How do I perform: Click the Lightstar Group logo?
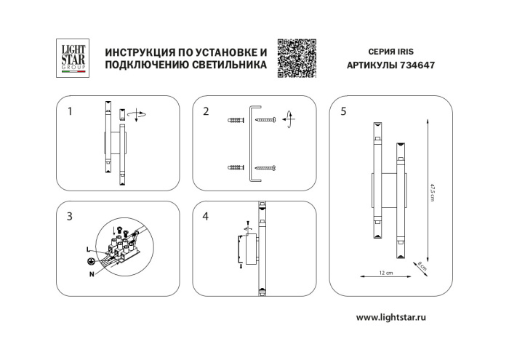[x=73, y=58]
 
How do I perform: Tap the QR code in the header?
[x=297, y=56]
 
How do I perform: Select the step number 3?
[x=70, y=216]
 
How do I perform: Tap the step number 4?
[x=206, y=216]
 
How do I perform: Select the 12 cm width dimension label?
[x=385, y=273]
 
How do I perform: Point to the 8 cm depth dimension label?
[x=421, y=266]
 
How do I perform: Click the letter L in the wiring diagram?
[x=87, y=249]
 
